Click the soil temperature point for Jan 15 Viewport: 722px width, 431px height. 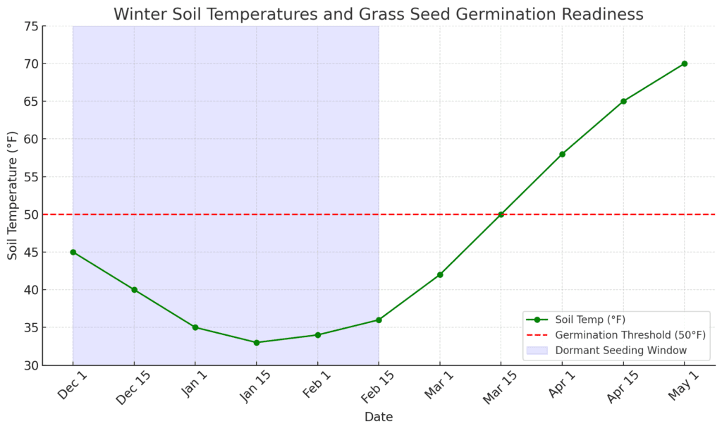(x=257, y=343)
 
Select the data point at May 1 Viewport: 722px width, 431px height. (x=684, y=63)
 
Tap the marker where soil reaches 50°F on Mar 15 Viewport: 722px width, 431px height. (x=501, y=214)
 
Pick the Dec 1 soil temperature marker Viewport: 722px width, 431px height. (x=73, y=252)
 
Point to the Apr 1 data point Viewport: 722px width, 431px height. (x=562, y=154)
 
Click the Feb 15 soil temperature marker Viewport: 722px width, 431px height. (x=379, y=320)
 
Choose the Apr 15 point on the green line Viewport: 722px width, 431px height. (x=623, y=101)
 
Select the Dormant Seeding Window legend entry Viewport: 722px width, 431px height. (x=620, y=350)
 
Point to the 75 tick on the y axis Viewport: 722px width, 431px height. (x=30, y=26)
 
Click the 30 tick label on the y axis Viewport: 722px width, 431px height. (x=30, y=365)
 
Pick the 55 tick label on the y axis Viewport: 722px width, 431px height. (x=30, y=177)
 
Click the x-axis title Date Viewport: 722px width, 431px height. (x=379, y=417)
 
